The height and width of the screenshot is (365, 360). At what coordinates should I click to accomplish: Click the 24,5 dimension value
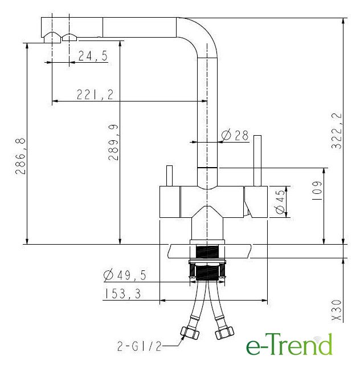click(x=93, y=56)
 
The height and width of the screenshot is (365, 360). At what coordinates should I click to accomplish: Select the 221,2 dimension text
click(x=95, y=94)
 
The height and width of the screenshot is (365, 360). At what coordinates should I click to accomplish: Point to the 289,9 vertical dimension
click(x=113, y=143)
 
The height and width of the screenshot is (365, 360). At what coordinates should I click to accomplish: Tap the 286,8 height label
click(x=21, y=156)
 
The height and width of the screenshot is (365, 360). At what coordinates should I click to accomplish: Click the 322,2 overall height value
click(x=337, y=131)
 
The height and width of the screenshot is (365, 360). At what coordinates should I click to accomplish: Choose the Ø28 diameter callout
click(x=235, y=135)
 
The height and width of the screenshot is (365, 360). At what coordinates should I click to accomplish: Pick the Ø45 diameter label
click(x=280, y=201)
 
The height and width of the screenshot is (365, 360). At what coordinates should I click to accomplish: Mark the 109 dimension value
click(x=317, y=191)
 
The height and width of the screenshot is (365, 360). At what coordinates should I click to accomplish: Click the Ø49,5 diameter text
click(x=125, y=275)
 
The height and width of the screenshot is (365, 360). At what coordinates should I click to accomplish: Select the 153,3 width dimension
click(x=122, y=294)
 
